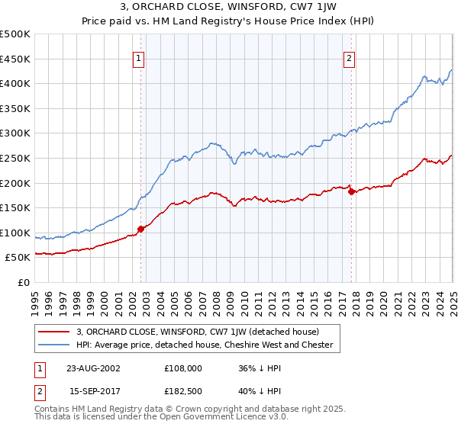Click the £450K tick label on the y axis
point(15,59)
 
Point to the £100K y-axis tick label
point(15,233)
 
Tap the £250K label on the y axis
point(15,158)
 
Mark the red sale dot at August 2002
point(141,228)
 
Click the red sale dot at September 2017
point(351,191)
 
